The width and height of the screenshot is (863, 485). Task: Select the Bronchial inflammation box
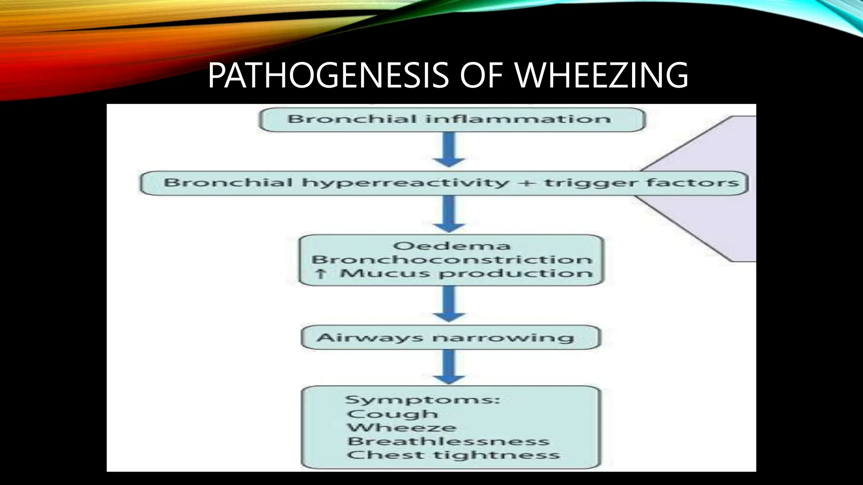(x=451, y=119)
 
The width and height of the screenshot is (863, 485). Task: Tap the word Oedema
(x=451, y=246)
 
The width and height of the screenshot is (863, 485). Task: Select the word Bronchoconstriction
(x=451, y=259)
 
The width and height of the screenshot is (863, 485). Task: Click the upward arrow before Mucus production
(x=321, y=274)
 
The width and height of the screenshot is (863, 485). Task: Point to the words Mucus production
(x=466, y=274)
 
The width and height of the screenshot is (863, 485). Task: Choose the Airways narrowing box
(x=450, y=337)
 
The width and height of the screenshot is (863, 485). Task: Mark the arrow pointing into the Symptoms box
(x=449, y=367)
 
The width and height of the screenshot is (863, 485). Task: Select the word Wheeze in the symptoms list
(x=402, y=428)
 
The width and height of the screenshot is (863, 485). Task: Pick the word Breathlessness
(x=448, y=441)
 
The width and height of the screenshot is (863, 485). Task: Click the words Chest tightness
(x=453, y=455)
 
